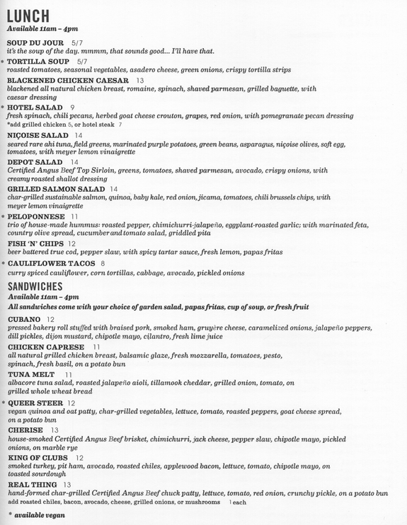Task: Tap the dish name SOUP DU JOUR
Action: tap(36, 42)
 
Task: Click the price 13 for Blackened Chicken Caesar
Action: tap(140, 81)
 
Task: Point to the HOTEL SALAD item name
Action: tap(35, 107)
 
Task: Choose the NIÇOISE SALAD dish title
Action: tap(38, 134)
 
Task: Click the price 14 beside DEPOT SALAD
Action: tap(74, 162)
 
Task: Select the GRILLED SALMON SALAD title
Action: tap(56, 189)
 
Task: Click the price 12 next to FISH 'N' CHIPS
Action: tap(71, 243)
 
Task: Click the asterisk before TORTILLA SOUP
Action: tap(2, 62)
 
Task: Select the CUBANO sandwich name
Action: tap(25, 320)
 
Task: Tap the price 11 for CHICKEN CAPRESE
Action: tap(97, 347)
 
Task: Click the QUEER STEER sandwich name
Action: tap(35, 403)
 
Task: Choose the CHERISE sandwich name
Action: tap(25, 429)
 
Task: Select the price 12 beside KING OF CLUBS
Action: tap(79, 457)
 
